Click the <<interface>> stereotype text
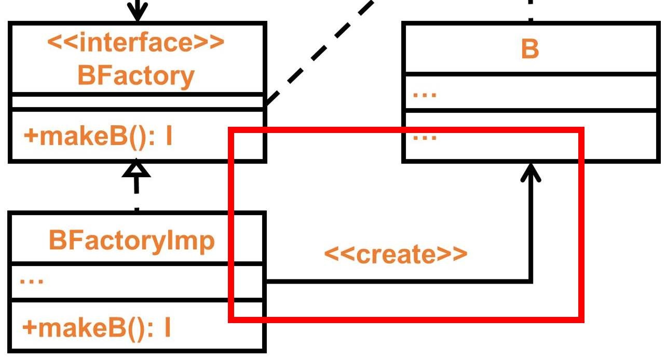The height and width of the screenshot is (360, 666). click(136, 43)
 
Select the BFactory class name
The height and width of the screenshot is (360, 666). click(136, 76)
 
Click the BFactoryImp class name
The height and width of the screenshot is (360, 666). click(131, 240)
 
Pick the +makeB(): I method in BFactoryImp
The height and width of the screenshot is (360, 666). click(97, 327)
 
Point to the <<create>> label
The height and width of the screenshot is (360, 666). click(396, 254)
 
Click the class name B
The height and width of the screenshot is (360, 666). click(529, 49)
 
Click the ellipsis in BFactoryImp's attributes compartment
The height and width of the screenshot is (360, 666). click(32, 281)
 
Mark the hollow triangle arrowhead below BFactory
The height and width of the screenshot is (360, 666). click(136, 169)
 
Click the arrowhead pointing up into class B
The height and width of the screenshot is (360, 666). click(531, 171)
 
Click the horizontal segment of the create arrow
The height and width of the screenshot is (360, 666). click(395, 282)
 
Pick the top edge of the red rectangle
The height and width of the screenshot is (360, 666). click(405, 130)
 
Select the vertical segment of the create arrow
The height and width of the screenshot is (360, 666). click(531, 229)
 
